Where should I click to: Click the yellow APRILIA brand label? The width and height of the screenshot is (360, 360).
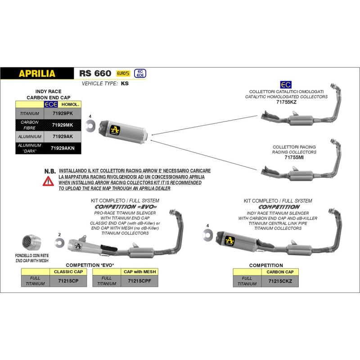37,73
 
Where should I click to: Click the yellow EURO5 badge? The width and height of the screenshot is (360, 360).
123,73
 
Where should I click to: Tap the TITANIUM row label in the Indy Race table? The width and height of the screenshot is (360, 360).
30,114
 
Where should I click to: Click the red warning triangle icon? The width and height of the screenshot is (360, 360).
47,182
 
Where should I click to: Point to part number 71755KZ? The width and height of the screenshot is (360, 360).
286,102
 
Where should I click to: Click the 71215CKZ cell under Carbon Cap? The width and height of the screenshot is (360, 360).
280,281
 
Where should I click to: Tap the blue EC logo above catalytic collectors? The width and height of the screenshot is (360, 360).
285,85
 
